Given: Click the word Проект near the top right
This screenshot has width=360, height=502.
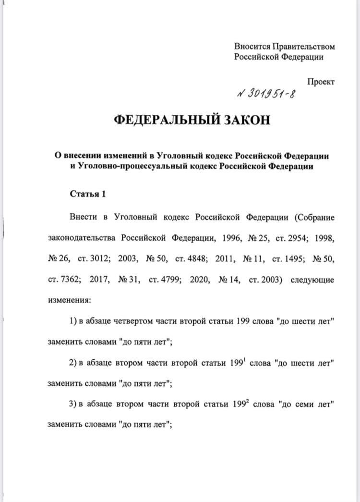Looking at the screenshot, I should (x=321, y=82).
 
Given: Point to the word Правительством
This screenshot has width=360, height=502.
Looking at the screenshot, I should (x=303, y=47).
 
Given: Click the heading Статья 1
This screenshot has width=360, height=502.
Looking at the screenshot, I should (x=87, y=194).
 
